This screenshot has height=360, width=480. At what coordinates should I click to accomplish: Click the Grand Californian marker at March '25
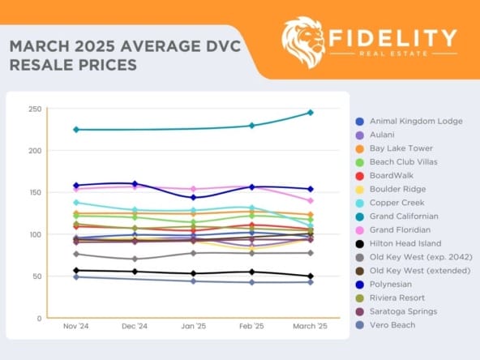pos(310,113)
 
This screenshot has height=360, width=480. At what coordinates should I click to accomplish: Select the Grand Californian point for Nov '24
pos(76,130)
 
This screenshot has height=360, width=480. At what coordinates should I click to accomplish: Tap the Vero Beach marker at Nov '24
pos(76,277)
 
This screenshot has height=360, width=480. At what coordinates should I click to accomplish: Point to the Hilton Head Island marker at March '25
pos(310,276)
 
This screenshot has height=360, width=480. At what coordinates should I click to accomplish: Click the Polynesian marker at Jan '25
pos(193,198)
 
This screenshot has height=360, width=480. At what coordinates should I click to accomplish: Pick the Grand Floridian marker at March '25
pos(310,200)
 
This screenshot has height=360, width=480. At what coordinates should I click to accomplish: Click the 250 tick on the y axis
pos(34,109)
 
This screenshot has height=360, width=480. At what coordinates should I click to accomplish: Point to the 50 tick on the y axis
pos(36,276)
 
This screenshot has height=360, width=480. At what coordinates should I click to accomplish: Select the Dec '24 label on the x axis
pos(135,326)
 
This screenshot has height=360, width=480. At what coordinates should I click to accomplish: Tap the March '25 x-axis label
pos(310,326)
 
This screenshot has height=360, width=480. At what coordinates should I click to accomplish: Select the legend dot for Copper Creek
pos(359,203)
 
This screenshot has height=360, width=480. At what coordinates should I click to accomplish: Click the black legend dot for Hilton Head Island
pos(359,244)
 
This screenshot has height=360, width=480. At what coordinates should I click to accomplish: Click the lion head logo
pos(302,41)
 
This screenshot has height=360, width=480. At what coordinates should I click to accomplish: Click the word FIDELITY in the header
pos(393,37)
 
